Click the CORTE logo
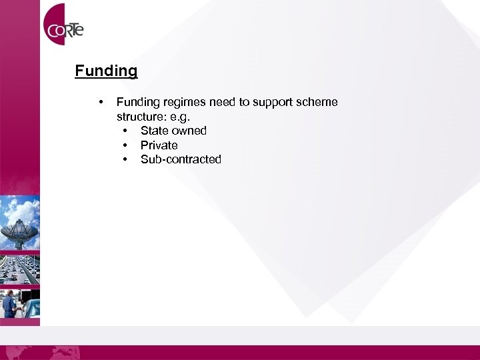64,28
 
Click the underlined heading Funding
106,71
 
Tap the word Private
159,145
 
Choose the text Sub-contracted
181,159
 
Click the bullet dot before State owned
125,131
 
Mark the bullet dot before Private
125,145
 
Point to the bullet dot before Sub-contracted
125,160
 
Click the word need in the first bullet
223,103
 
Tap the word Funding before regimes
137,103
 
